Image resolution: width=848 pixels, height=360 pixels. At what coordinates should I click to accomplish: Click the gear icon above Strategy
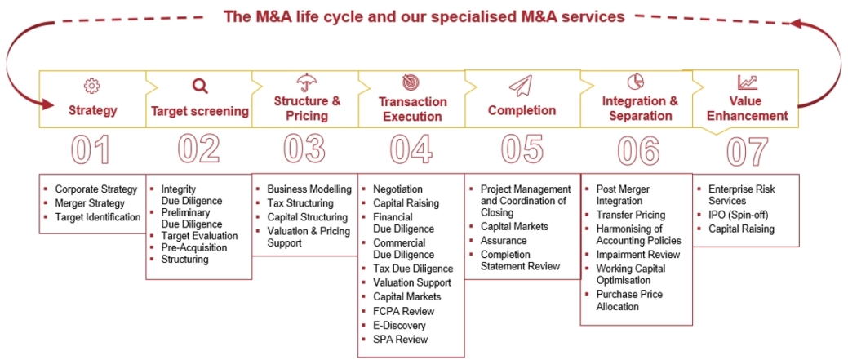pos(91,85)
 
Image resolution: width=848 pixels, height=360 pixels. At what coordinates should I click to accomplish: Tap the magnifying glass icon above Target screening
pos(199,85)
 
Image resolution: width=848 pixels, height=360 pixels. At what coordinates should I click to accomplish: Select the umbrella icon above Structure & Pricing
pos(306,82)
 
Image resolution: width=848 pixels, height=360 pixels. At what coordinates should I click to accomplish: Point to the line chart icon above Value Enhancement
pos(747,82)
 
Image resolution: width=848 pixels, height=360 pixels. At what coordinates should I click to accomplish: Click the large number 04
pos(411,149)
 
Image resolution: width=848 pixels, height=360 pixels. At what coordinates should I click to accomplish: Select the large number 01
pos(91,149)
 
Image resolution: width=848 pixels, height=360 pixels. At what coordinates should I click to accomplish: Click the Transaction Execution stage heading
pos(412,109)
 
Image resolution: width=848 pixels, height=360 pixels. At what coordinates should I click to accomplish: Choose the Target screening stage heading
pos(199,111)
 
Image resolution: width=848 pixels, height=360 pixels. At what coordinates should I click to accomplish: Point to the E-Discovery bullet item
pos(399,325)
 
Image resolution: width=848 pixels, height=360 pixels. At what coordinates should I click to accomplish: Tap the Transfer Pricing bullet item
pos(630,215)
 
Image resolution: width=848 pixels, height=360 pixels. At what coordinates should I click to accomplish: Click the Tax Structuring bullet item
pos(300,203)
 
